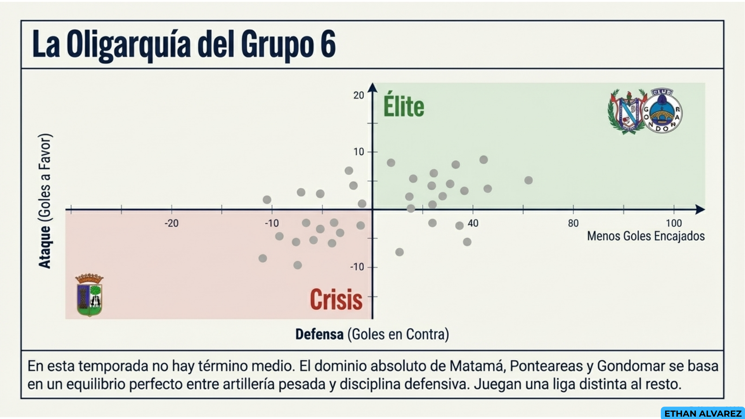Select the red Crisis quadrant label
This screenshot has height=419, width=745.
(336, 300)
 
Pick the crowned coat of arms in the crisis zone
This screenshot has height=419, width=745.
(90, 295)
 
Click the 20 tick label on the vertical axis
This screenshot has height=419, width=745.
(359, 95)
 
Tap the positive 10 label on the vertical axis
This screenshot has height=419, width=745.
(359, 152)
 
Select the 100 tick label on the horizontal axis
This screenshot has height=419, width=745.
(674, 223)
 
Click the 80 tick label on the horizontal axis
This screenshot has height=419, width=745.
(573, 223)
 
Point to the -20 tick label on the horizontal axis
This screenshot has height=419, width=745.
(172, 223)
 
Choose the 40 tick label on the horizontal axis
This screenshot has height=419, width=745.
(473, 223)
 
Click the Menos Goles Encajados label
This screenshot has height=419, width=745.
(646, 236)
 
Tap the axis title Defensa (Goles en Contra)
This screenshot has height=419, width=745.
(372, 334)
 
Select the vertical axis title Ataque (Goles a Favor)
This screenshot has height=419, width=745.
(45, 201)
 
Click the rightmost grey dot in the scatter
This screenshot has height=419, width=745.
(528, 180)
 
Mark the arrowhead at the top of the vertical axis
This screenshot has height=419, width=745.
(372, 88)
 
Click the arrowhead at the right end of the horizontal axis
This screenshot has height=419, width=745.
(700, 209)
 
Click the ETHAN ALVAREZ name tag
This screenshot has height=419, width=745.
(703, 414)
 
